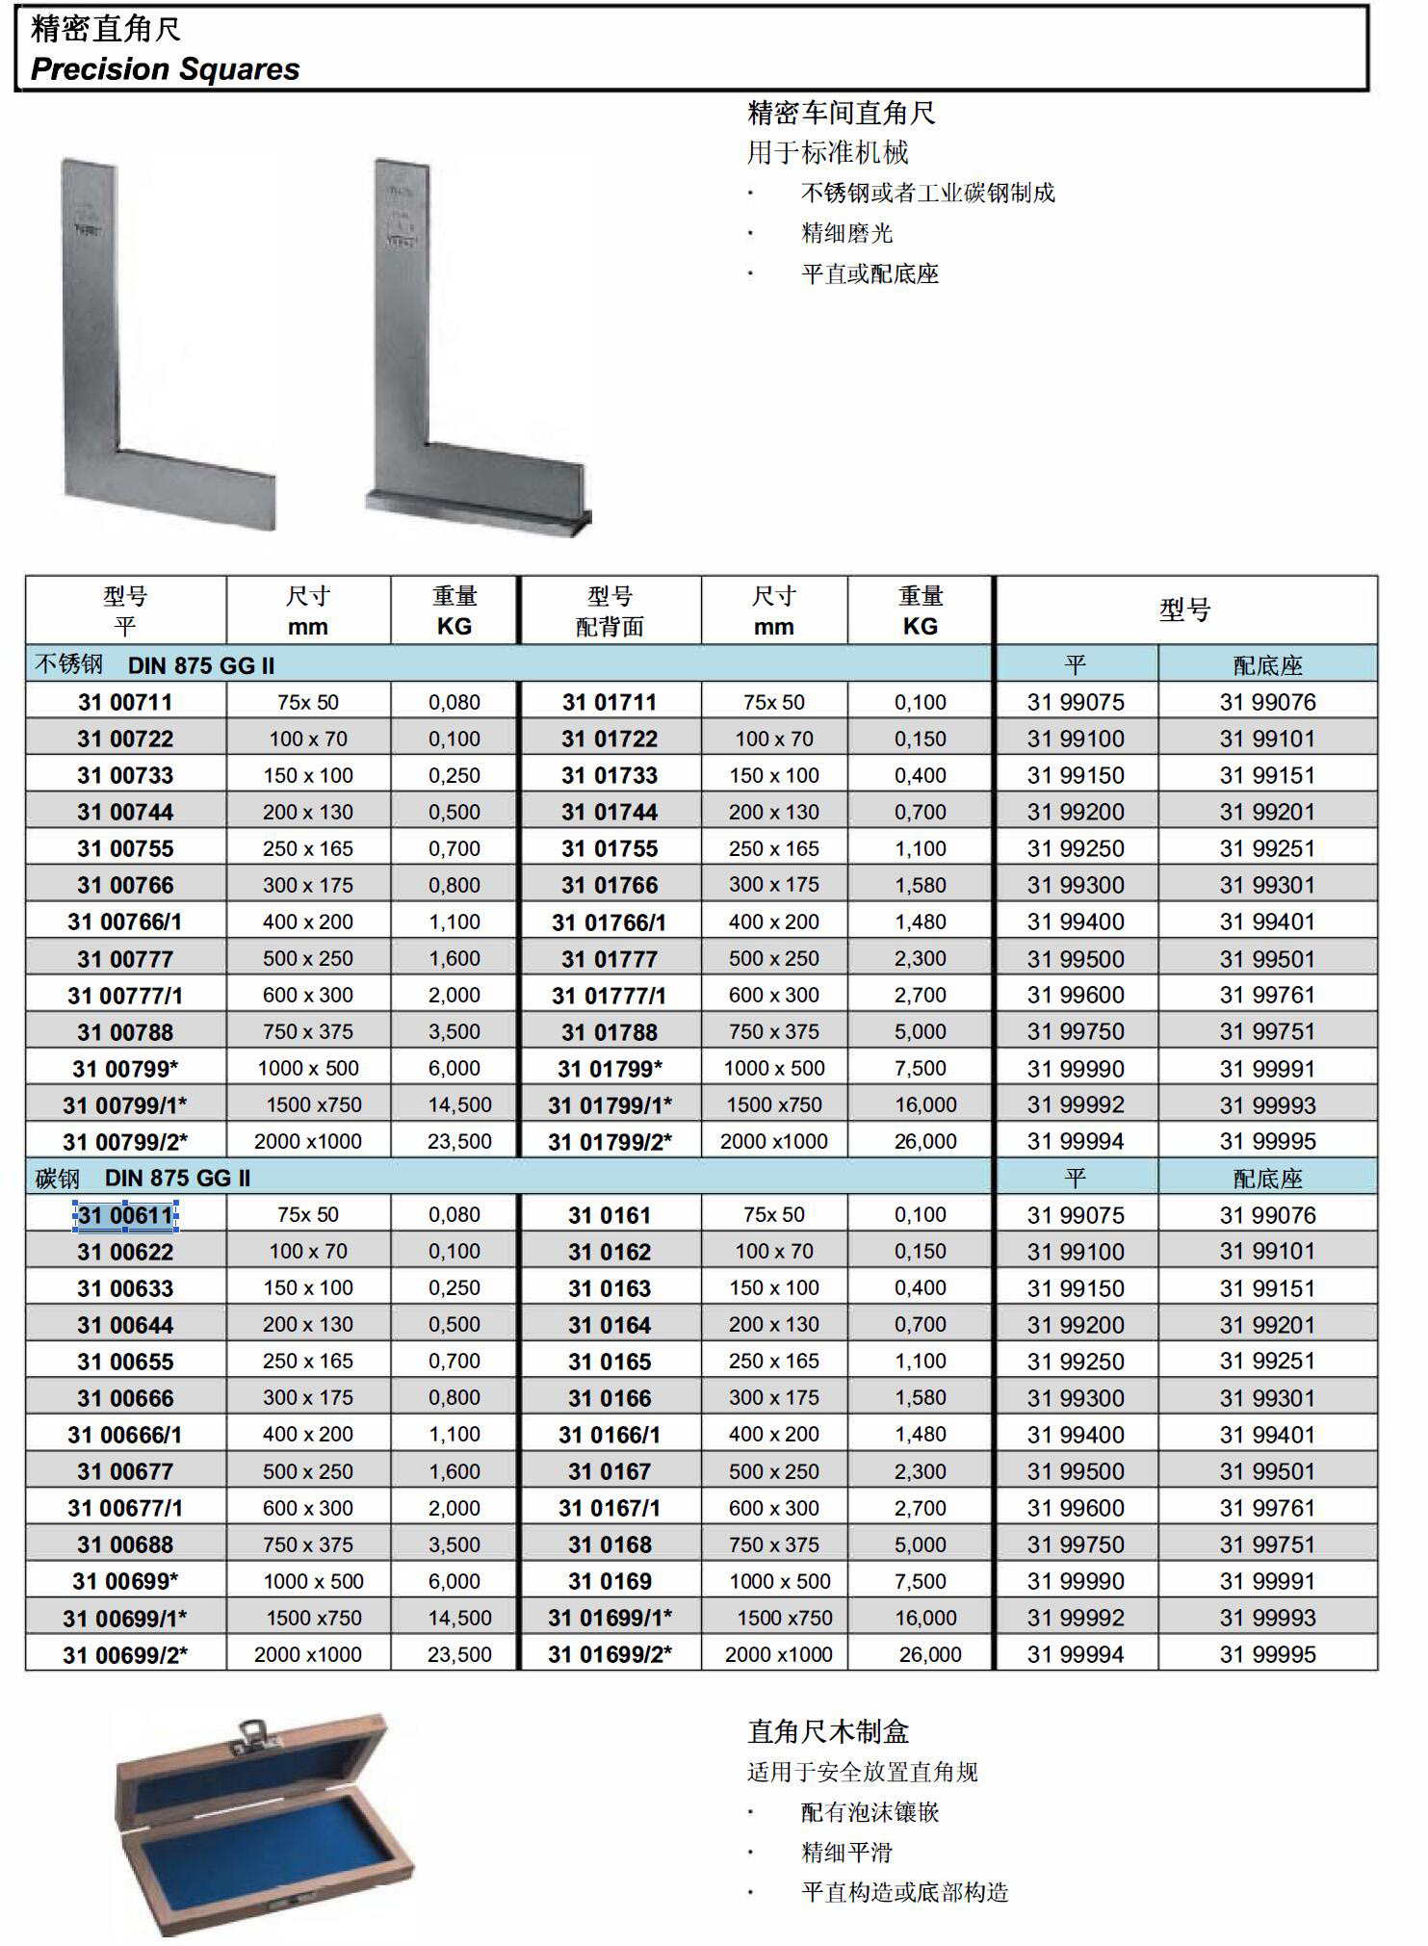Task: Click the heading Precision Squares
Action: [165, 69]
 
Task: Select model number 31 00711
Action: [125, 702]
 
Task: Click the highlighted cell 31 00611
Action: [125, 1215]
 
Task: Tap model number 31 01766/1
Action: [609, 922]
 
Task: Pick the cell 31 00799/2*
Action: [125, 1142]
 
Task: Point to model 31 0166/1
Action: [610, 1435]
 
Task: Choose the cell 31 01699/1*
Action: [610, 1618]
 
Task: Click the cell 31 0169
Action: [610, 1581]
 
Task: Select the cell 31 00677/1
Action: [125, 1508]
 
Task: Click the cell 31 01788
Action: [610, 1032]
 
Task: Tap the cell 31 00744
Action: [125, 812]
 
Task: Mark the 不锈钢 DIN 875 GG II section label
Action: [155, 664]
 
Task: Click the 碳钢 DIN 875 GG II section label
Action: [143, 1178]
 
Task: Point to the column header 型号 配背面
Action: [610, 610]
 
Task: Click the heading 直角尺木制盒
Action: [828, 1732]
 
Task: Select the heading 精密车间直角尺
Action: [841, 114]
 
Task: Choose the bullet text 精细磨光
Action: [846, 233]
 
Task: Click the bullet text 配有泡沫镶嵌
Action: [870, 1812]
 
